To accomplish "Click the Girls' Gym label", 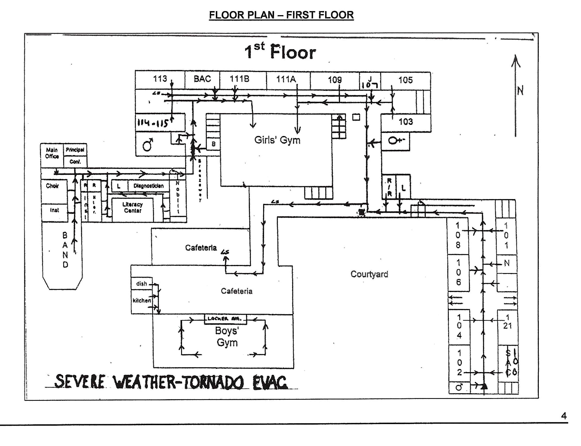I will (x=277, y=140).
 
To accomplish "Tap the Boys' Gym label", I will (x=226, y=337).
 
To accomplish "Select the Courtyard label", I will (x=369, y=274).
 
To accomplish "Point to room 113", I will (x=160, y=79).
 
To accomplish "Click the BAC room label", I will (x=202, y=79).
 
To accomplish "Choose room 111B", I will (x=239, y=79).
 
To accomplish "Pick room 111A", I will (x=286, y=79).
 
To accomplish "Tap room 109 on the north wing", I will (x=335, y=80).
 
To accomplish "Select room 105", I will (x=405, y=80).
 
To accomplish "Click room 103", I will (x=406, y=122).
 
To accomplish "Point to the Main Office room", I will (x=52, y=153).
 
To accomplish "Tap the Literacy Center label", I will (x=133, y=208).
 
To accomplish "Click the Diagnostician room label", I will (x=148, y=186).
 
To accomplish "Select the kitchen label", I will (x=142, y=300).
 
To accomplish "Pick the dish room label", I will (x=141, y=284).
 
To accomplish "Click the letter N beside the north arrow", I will (x=520, y=90).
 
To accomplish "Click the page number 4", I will (x=564, y=415).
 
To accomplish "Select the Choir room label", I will (x=52, y=186).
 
